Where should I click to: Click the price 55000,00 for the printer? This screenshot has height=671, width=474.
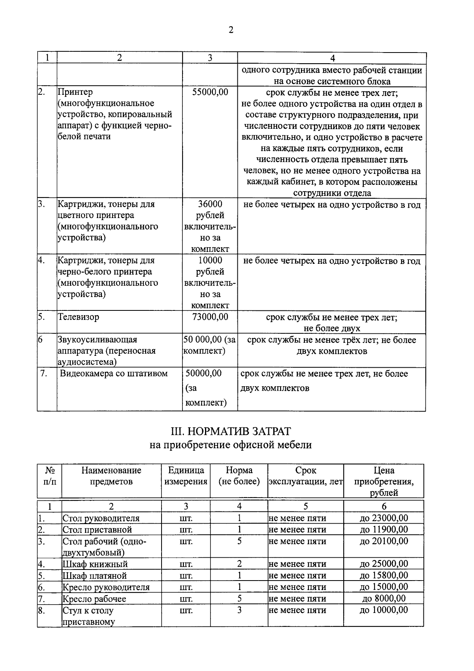[210, 92]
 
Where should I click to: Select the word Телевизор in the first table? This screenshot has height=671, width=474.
[79, 317]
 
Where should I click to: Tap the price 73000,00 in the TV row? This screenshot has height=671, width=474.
[210, 317]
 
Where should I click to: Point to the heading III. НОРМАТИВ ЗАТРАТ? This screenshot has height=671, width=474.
[230, 431]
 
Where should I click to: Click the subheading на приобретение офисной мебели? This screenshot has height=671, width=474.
[230, 445]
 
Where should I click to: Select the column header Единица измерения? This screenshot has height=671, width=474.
[186, 476]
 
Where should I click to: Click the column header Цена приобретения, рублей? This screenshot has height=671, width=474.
[384, 481]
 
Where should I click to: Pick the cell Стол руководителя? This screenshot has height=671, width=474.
[101, 518]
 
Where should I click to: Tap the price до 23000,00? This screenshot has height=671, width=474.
[384, 518]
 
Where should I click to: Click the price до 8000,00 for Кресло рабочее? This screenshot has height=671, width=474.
[384, 598]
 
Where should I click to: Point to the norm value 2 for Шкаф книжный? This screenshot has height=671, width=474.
[239, 564]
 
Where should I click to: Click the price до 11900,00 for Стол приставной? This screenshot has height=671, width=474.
[384, 530]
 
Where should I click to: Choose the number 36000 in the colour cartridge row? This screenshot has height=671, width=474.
[210, 204]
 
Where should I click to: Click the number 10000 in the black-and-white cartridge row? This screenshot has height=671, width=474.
[210, 261]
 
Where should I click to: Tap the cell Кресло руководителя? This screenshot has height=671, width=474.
[106, 587]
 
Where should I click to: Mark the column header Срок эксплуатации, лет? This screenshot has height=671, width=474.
[305, 476]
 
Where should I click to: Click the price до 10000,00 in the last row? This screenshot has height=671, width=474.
[384, 610]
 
